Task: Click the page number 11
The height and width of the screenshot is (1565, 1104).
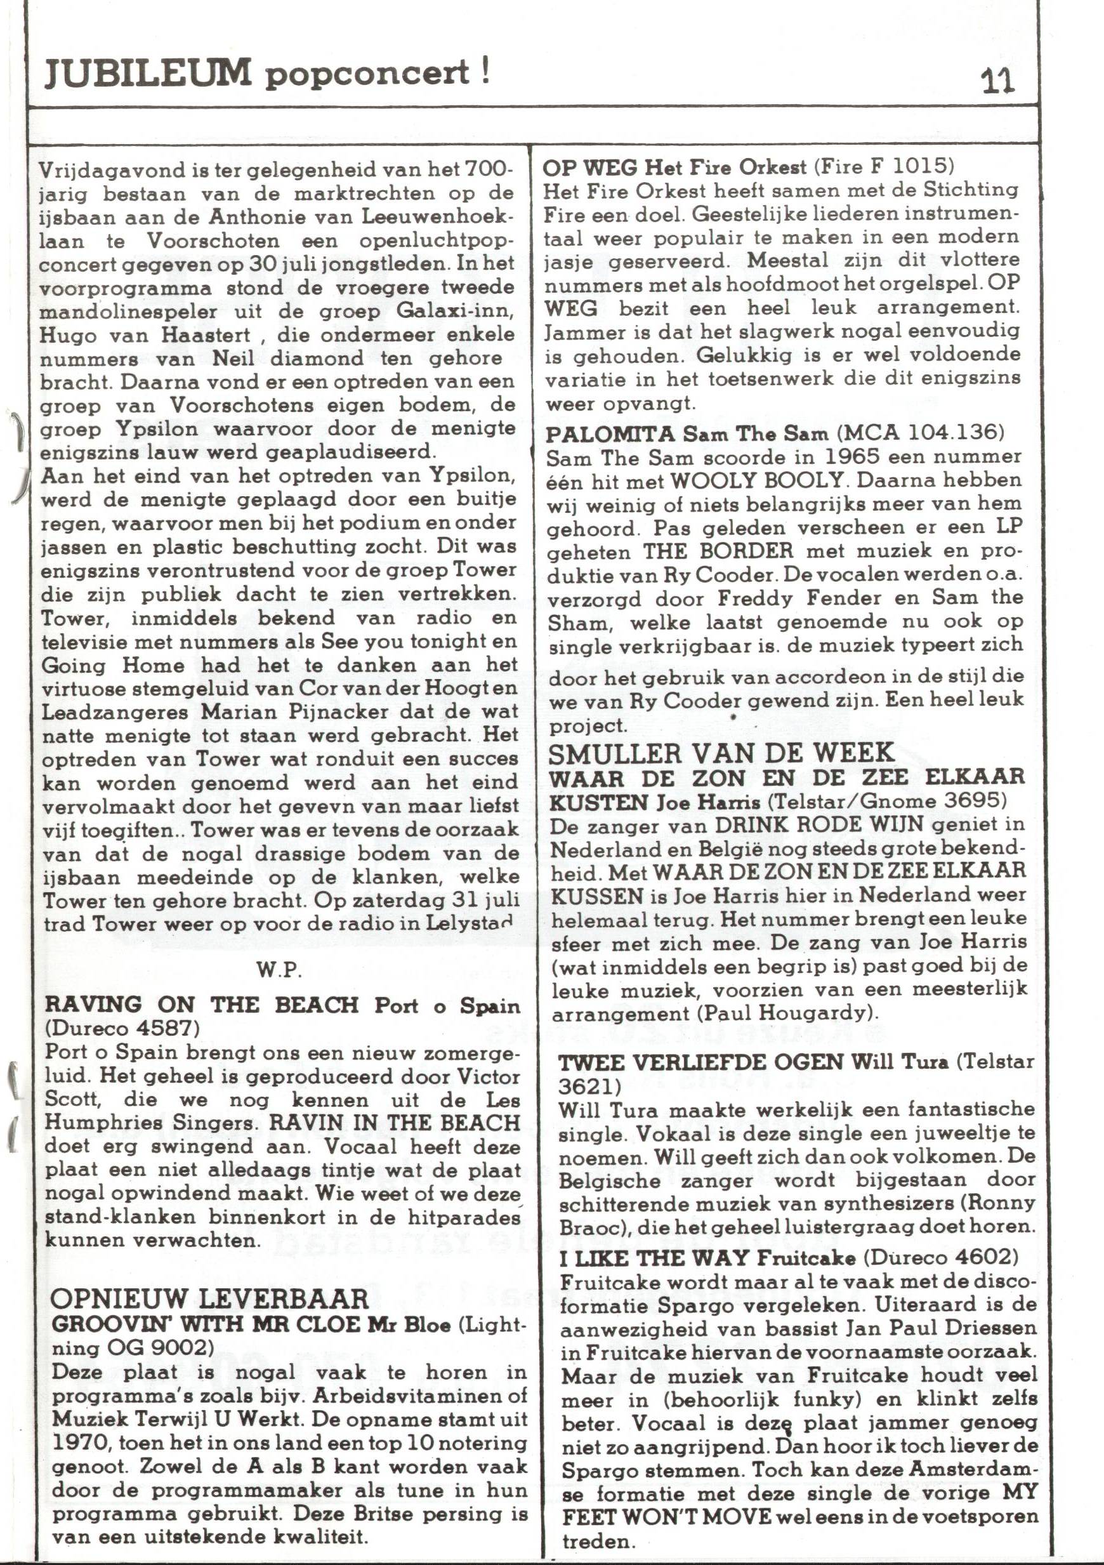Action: point(997,81)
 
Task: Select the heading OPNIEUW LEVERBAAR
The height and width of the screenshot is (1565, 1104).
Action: point(209,1298)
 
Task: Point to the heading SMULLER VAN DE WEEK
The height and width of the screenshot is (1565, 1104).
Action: point(721,753)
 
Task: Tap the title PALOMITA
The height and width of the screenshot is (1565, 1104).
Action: point(610,433)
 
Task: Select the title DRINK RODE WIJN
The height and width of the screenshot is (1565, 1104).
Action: point(818,825)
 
